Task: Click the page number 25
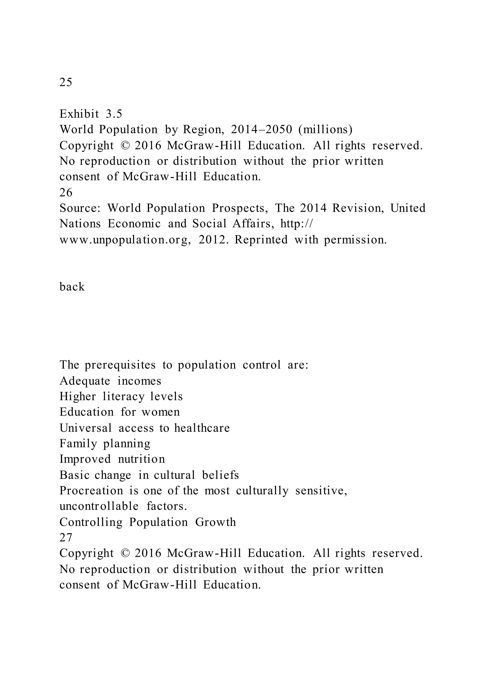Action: click(x=66, y=82)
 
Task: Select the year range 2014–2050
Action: click(x=262, y=130)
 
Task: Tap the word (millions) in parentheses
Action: click(x=325, y=130)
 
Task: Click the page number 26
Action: click(x=66, y=192)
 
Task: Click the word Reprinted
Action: click(x=261, y=240)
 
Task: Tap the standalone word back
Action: click(x=72, y=287)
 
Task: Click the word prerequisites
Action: click(x=120, y=365)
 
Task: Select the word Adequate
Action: click(x=85, y=381)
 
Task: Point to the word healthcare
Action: click(x=202, y=428)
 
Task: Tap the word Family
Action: click(x=78, y=444)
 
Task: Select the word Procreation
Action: click(x=91, y=491)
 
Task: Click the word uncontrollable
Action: click(x=99, y=506)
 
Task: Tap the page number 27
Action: click(x=66, y=538)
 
